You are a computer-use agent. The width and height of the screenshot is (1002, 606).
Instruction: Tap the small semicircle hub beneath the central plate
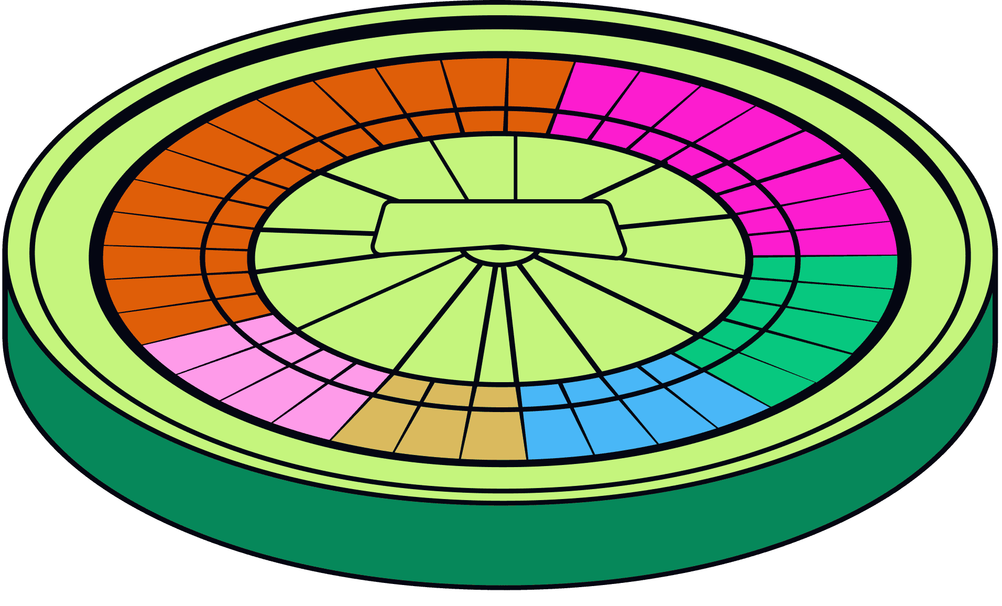pos(500,256)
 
